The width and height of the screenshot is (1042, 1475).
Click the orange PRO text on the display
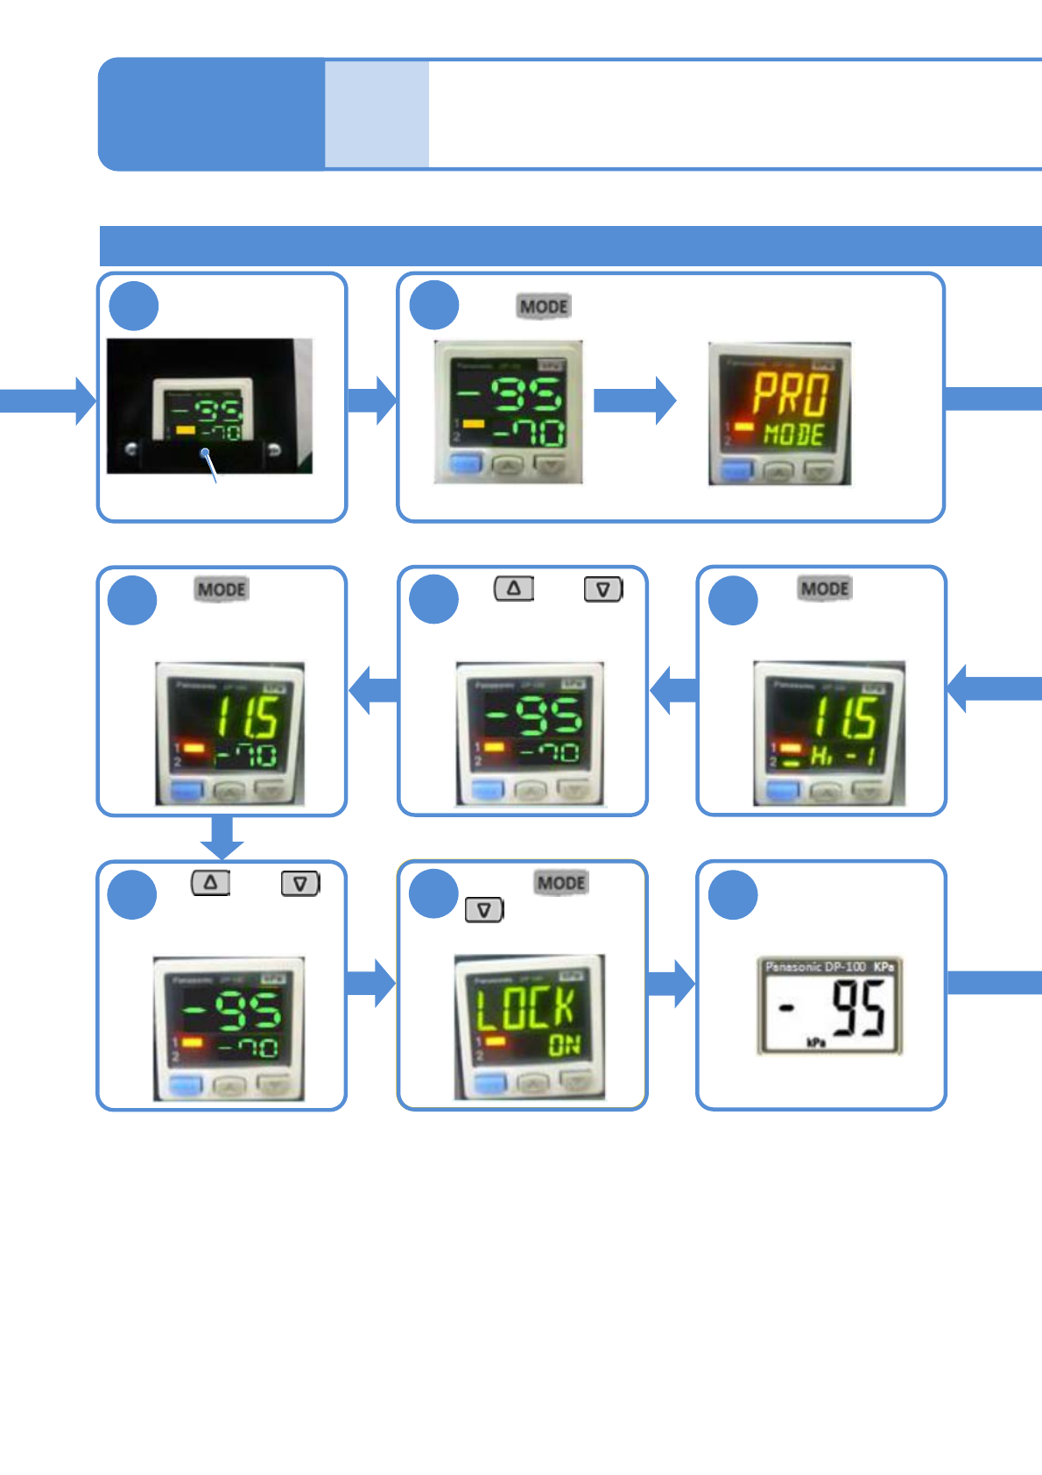(x=790, y=395)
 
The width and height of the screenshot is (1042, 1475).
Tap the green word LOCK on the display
(x=525, y=1006)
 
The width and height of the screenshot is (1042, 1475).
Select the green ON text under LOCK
(x=565, y=1044)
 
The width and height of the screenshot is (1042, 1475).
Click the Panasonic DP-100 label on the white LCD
(x=815, y=967)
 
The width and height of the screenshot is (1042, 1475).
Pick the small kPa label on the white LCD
(x=815, y=1042)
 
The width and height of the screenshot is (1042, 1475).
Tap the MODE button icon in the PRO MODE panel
(x=544, y=307)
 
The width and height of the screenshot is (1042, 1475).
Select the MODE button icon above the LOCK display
(x=561, y=882)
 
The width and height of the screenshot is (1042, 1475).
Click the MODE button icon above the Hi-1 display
(x=825, y=589)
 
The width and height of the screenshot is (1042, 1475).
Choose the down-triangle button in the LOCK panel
(x=484, y=910)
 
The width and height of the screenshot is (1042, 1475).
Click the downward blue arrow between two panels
(x=222, y=837)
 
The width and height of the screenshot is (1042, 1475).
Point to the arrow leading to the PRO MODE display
(x=635, y=400)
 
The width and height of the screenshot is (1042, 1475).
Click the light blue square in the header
(x=377, y=114)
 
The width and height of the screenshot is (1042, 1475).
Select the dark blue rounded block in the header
(x=211, y=114)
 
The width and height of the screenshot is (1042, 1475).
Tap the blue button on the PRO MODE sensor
(x=736, y=470)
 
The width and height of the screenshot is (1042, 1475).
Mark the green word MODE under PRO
(x=793, y=434)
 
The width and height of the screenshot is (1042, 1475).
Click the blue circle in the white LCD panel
(x=733, y=894)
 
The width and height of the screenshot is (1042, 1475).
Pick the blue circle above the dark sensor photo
(x=134, y=306)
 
